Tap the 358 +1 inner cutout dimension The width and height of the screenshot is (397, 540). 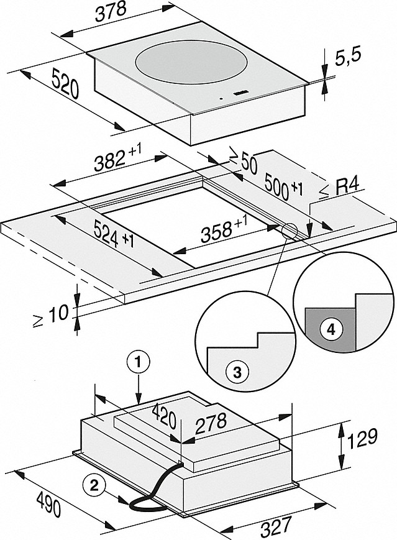224,230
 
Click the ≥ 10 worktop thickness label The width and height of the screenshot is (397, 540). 52,315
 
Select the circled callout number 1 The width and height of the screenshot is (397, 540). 138,364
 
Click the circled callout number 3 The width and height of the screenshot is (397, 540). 237,372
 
